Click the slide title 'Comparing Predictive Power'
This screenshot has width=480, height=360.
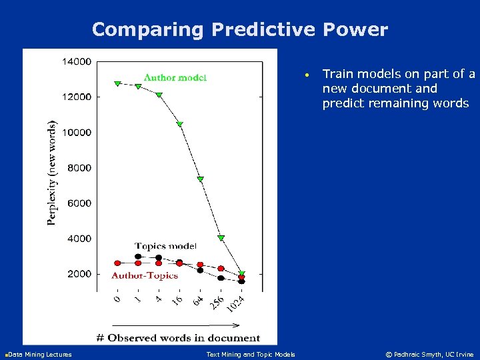pos(239,29)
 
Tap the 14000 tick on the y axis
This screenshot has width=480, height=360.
pos(77,61)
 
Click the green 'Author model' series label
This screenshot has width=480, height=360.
pos(175,77)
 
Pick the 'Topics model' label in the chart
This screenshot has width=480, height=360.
pos(165,247)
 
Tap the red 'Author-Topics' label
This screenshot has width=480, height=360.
pos(145,275)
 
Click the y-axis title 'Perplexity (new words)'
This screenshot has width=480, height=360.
pos(52,173)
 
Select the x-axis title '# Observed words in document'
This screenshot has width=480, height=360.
pos(178,337)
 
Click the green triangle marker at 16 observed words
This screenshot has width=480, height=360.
pos(179,124)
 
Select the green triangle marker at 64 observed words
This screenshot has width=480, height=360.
pos(200,179)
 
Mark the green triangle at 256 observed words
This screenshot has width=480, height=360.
pos(221,238)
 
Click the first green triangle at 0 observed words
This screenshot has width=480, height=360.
pos(117,84)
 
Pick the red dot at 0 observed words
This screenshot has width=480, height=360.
pos(117,263)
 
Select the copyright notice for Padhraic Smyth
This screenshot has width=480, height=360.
pos(430,354)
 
